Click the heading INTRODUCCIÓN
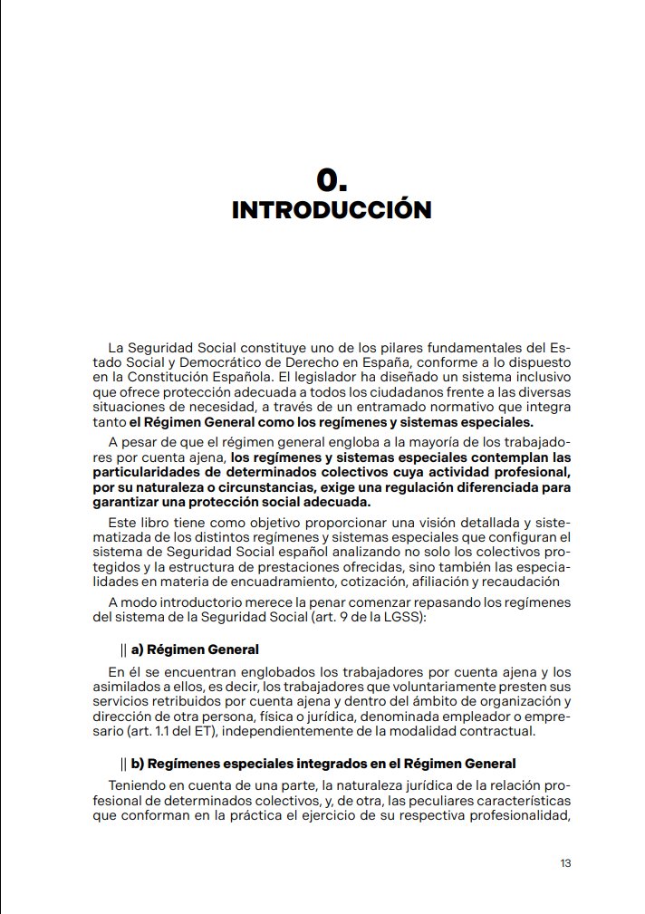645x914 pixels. tap(332, 210)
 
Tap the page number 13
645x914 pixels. tap(565, 862)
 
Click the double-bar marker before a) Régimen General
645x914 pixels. tap(123, 649)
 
